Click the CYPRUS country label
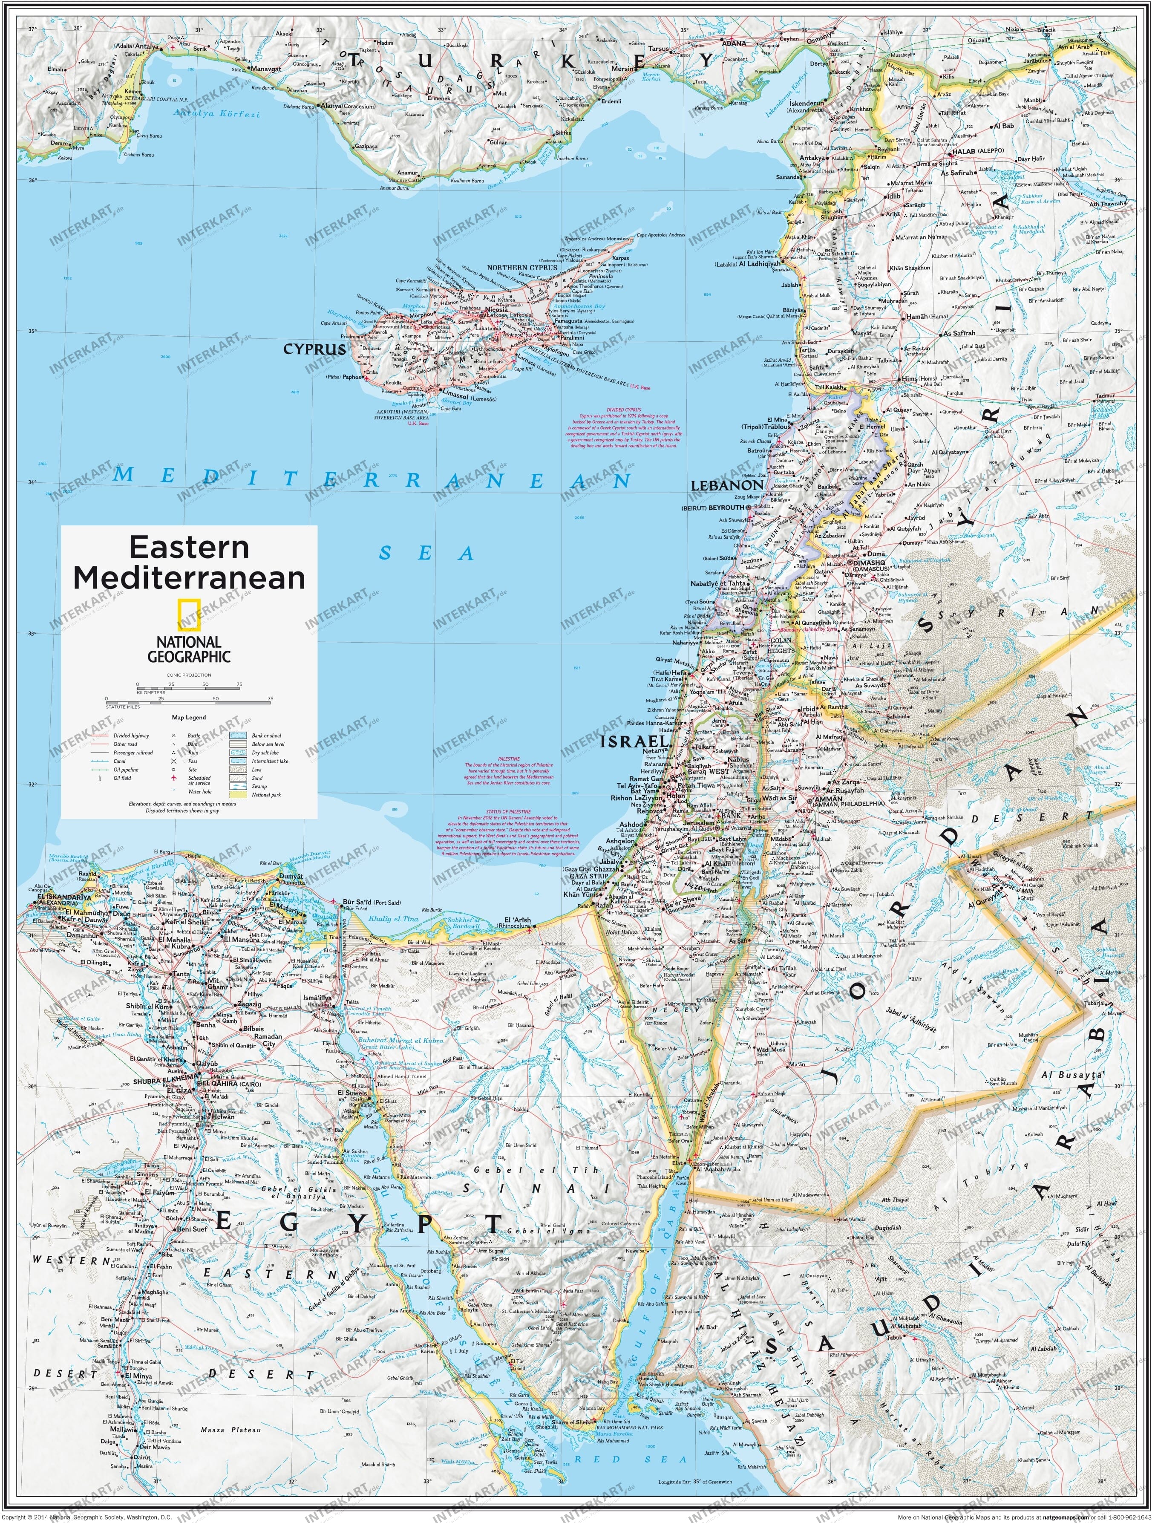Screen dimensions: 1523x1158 pos(314,349)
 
